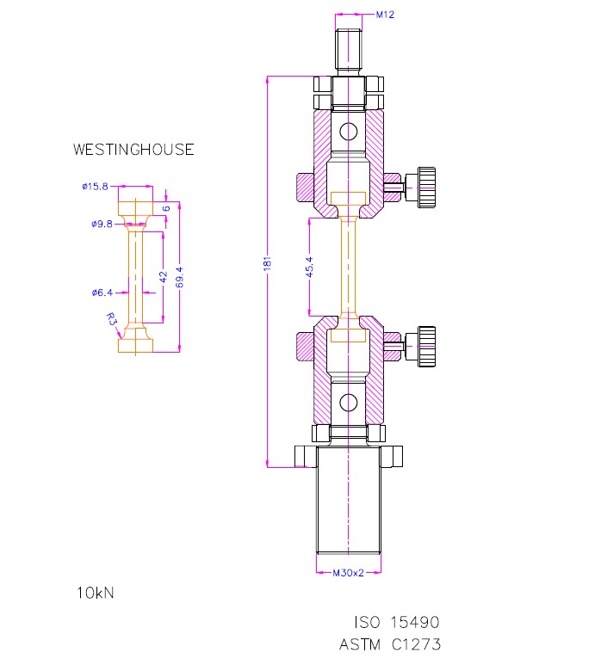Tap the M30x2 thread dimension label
coord(349,570)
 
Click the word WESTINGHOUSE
coord(133,150)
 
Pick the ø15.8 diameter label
coord(95,186)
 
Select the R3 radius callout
coord(111,318)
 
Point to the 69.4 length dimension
coord(178,277)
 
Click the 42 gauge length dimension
coord(163,276)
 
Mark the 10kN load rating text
coord(95,593)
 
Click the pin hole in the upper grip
coord(349,132)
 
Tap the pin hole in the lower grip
coord(349,403)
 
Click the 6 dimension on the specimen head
coord(166,208)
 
